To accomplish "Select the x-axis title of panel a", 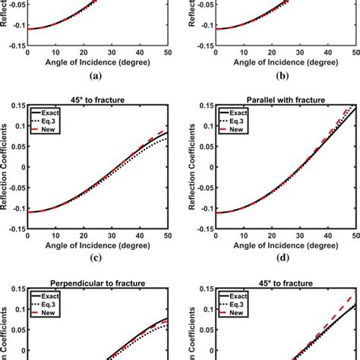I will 97,62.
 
